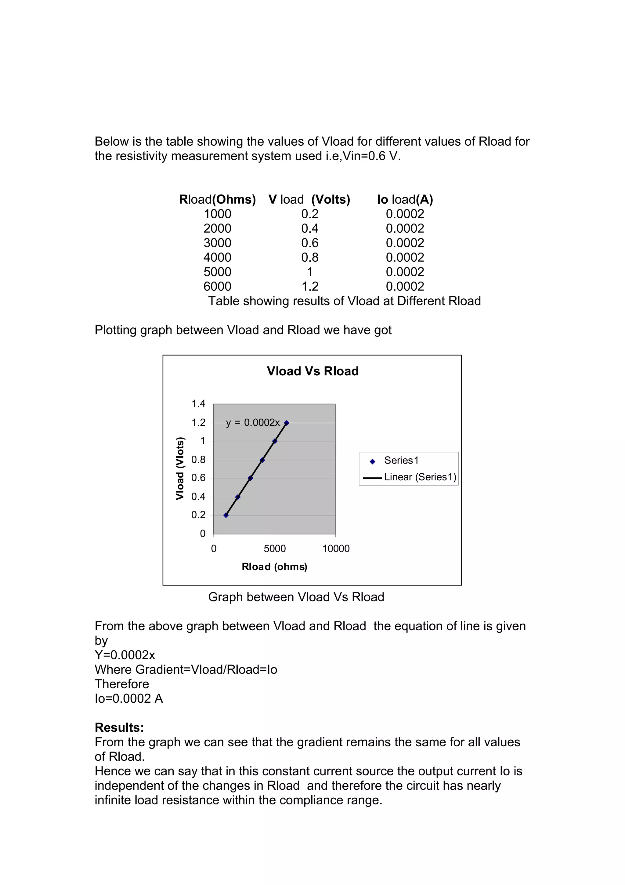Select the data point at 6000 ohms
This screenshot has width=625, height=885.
[x=287, y=423]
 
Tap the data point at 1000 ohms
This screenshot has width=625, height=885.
[x=226, y=515]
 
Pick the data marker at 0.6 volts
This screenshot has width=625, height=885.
[x=250, y=478]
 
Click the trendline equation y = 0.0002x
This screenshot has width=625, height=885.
[x=253, y=423]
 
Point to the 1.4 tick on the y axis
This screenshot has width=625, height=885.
[x=198, y=404]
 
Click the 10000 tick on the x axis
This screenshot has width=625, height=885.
[x=336, y=548]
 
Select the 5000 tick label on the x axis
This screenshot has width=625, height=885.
[x=275, y=548]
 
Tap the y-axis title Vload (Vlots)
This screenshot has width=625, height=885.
[x=180, y=469]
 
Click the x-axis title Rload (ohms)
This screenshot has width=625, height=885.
[x=274, y=566]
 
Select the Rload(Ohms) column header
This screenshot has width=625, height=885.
[x=217, y=200]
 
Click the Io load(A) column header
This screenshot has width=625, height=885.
[x=405, y=200]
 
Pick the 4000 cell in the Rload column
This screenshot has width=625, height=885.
[x=217, y=257]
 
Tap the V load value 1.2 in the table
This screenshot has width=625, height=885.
[x=310, y=286]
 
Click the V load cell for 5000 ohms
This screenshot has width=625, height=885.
[x=310, y=272]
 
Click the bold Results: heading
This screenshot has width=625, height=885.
[x=119, y=728]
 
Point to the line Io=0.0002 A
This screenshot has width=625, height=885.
[x=128, y=698]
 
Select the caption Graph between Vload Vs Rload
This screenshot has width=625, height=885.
[x=296, y=597]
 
